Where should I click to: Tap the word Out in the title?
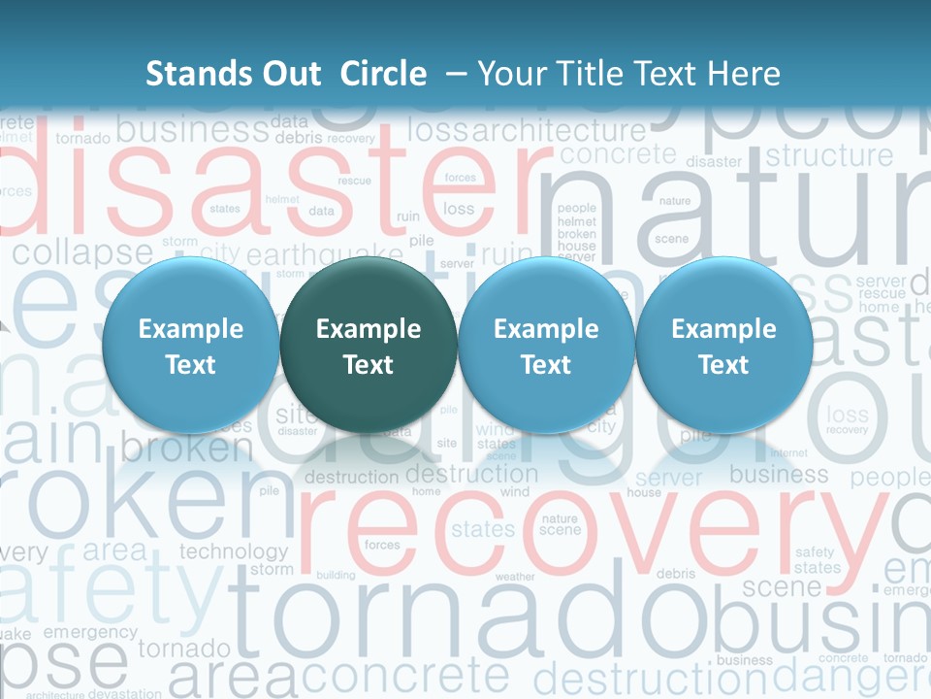coord(287,74)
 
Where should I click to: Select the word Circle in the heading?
coord(383,74)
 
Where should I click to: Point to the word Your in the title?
coord(510,74)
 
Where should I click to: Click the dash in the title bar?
coord(456,74)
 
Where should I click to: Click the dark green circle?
coord(369,346)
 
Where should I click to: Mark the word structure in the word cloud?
coord(829,155)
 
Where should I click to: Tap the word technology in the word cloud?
coord(234,551)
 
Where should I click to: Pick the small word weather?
coord(515,577)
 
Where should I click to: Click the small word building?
coord(336,575)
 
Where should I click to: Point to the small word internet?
coord(788,452)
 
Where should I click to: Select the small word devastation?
coord(124,693)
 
